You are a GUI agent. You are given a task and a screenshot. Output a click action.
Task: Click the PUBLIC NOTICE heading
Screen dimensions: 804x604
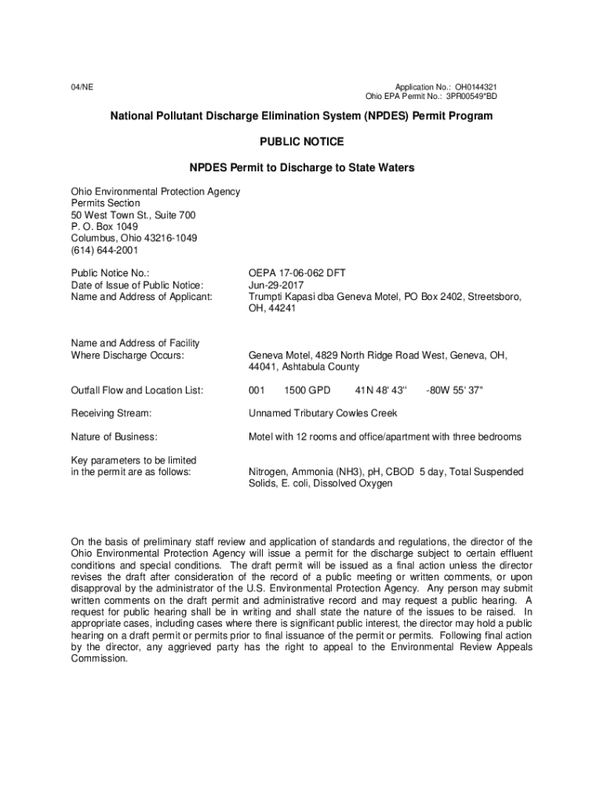pyautogui.click(x=301, y=142)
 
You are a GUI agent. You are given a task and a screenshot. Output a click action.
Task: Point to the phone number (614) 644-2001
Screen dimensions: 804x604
pyautogui.click(x=104, y=250)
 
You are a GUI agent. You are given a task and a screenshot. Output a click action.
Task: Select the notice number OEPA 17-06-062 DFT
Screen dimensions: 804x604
pyautogui.click(x=297, y=273)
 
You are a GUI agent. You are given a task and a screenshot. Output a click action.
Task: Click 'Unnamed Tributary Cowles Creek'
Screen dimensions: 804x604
pyautogui.click(x=323, y=413)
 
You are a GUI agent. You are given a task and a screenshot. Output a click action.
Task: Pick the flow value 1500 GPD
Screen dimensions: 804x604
pyautogui.click(x=307, y=390)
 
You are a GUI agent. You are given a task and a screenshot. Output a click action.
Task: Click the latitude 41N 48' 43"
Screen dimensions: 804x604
pyautogui.click(x=381, y=390)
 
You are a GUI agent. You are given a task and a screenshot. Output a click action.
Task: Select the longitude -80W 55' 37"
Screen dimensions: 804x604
pyautogui.click(x=455, y=390)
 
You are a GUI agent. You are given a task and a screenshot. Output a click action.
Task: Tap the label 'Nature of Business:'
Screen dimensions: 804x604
pyautogui.click(x=114, y=437)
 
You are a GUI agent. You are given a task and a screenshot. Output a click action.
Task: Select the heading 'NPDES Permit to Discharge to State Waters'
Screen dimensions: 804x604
pyautogui.click(x=301, y=168)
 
